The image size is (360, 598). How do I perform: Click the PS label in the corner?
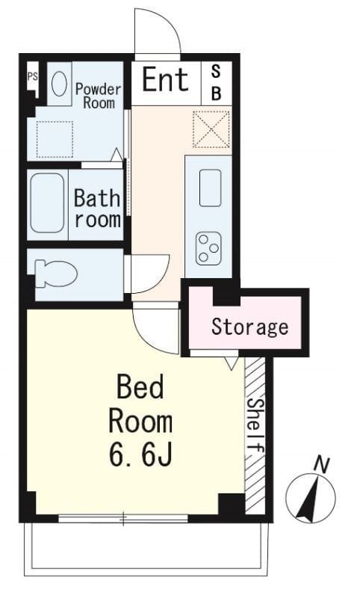coord(33,76)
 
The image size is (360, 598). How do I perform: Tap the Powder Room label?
coord(98,96)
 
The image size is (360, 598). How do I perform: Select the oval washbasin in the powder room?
coord(59,84)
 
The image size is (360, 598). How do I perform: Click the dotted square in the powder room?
coord(55,139)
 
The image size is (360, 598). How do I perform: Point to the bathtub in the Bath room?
coord(47,203)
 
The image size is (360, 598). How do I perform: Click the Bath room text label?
coord(97,209)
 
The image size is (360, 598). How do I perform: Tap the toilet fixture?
coord(55,274)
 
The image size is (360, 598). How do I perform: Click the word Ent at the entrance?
coord(165,79)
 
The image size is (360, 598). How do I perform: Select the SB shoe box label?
coord(216,82)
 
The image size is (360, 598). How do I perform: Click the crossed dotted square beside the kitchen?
coord(211,129)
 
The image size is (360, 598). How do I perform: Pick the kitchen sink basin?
coord(211,188)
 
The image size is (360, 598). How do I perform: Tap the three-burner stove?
coord(208,249)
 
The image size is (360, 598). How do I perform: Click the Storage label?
coord(250,327)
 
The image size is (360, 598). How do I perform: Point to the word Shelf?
coord(255,425)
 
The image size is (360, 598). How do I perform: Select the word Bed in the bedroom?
coord(140,386)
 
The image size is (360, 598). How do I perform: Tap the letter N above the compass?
coord(322,464)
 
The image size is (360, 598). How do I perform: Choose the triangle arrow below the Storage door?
coord(231,363)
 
